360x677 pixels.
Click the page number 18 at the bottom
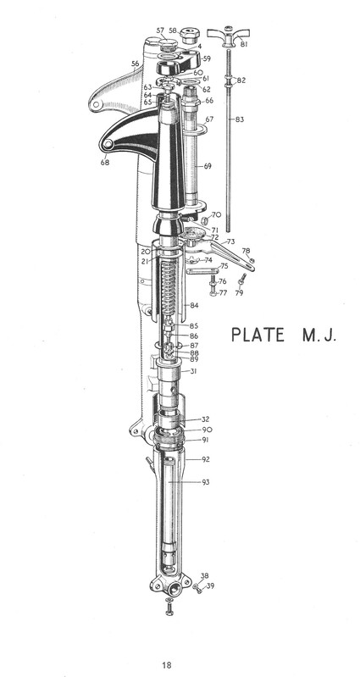[167, 665]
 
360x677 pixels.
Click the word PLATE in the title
[258, 335]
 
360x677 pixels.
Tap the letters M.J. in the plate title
[318, 335]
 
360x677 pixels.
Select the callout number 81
[244, 44]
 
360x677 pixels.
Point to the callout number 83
[240, 119]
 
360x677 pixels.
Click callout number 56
[136, 64]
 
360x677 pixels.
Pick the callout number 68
[105, 163]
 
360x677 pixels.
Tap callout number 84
[194, 306]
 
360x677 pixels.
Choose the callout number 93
[206, 482]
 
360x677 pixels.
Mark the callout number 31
[193, 371]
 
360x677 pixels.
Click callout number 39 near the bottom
[210, 585]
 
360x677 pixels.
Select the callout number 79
[239, 292]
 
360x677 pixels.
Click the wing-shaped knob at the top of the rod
[229, 36]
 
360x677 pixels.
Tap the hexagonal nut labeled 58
[189, 36]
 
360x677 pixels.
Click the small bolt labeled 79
[242, 279]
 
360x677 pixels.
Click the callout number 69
[208, 166]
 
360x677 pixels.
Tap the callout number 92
[206, 459]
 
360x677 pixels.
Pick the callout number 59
[207, 58]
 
